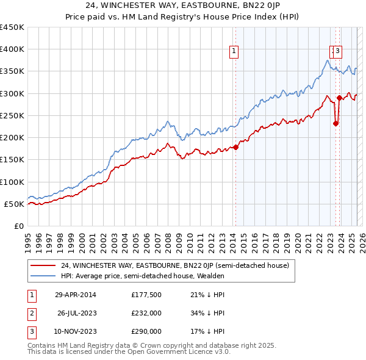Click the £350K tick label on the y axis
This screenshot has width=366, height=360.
pyautogui.click(x=12, y=71)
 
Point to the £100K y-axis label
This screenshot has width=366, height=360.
pyautogui.click(x=12, y=182)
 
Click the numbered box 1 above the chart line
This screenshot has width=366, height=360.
pyautogui.click(x=235, y=52)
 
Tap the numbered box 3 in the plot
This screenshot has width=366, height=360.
pyautogui.click(x=337, y=52)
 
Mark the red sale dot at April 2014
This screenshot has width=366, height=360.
pyautogui.click(x=236, y=147)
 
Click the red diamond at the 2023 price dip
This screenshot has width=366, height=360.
pyautogui.click(x=335, y=123)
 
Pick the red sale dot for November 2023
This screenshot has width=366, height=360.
pyautogui.click(x=339, y=98)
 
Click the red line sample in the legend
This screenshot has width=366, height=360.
pyautogui.click(x=43, y=265)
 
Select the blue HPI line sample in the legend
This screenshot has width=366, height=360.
pyautogui.click(x=43, y=276)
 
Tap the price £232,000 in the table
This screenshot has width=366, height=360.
pyautogui.click(x=146, y=314)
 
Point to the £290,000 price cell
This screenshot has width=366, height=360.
pyautogui.click(x=146, y=331)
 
